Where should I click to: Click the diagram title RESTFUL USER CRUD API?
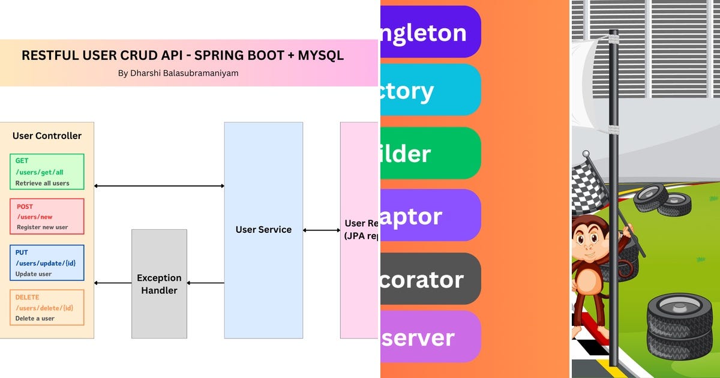click(x=182, y=56)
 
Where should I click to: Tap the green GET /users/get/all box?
click(x=47, y=172)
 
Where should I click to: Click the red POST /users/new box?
click(x=47, y=217)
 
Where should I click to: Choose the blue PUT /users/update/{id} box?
click(x=47, y=263)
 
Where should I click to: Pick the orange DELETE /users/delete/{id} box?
click(x=47, y=308)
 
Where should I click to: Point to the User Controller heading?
click(x=47, y=136)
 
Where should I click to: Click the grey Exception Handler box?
click(x=159, y=284)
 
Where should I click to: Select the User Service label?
click(x=263, y=229)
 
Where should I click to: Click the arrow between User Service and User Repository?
click(x=322, y=230)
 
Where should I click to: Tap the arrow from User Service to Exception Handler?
click(x=205, y=283)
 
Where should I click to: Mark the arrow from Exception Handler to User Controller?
click(x=113, y=283)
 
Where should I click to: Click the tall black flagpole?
click(x=613, y=198)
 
